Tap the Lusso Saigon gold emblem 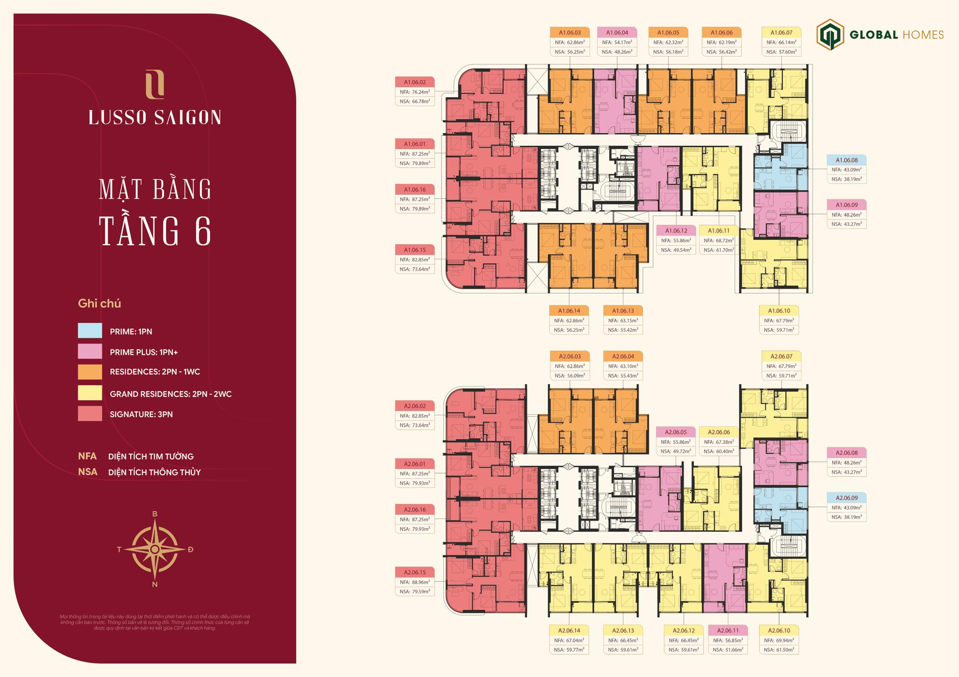pos(154,84)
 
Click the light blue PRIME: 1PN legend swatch pos(90,330)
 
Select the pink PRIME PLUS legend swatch pos(90,351)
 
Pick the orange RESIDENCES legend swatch pos(90,372)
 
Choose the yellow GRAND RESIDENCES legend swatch pos(90,393)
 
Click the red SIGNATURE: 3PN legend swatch pos(90,414)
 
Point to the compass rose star pos(155,549)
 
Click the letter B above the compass pos(155,514)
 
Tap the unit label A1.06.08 pos(846,160)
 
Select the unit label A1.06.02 pos(414,82)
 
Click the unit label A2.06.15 pos(414,572)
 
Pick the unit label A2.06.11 pos(728,631)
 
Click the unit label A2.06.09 pos(846,498)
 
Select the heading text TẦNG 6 pos(155,231)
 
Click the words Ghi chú pos(99,304)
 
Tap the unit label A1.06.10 pos(779,311)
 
